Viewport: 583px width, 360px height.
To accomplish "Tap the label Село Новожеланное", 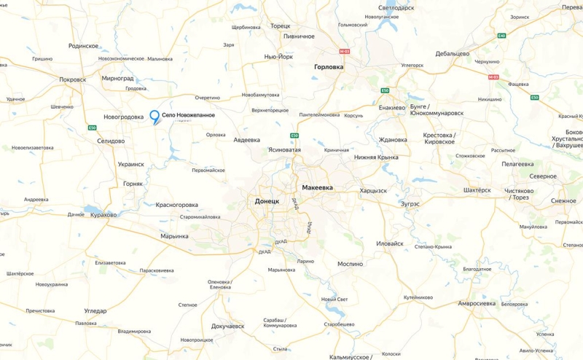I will [188, 115].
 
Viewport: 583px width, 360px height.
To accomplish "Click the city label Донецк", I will [267, 200].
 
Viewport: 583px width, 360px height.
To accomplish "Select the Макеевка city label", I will [316, 187].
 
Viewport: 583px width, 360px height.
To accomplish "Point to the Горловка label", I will [328, 66].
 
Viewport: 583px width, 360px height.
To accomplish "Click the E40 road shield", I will [501, 35].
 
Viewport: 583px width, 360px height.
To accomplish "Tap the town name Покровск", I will [73, 79].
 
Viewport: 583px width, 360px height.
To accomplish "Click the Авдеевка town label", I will [246, 140].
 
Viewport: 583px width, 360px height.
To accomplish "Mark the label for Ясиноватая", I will [284, 149].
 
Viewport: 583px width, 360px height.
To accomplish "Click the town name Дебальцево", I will [452, 53].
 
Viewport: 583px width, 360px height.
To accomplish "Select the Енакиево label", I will [391, 107].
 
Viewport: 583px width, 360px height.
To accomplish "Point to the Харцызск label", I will [373, 190].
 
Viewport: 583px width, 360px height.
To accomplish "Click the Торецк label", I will [280, 26].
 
